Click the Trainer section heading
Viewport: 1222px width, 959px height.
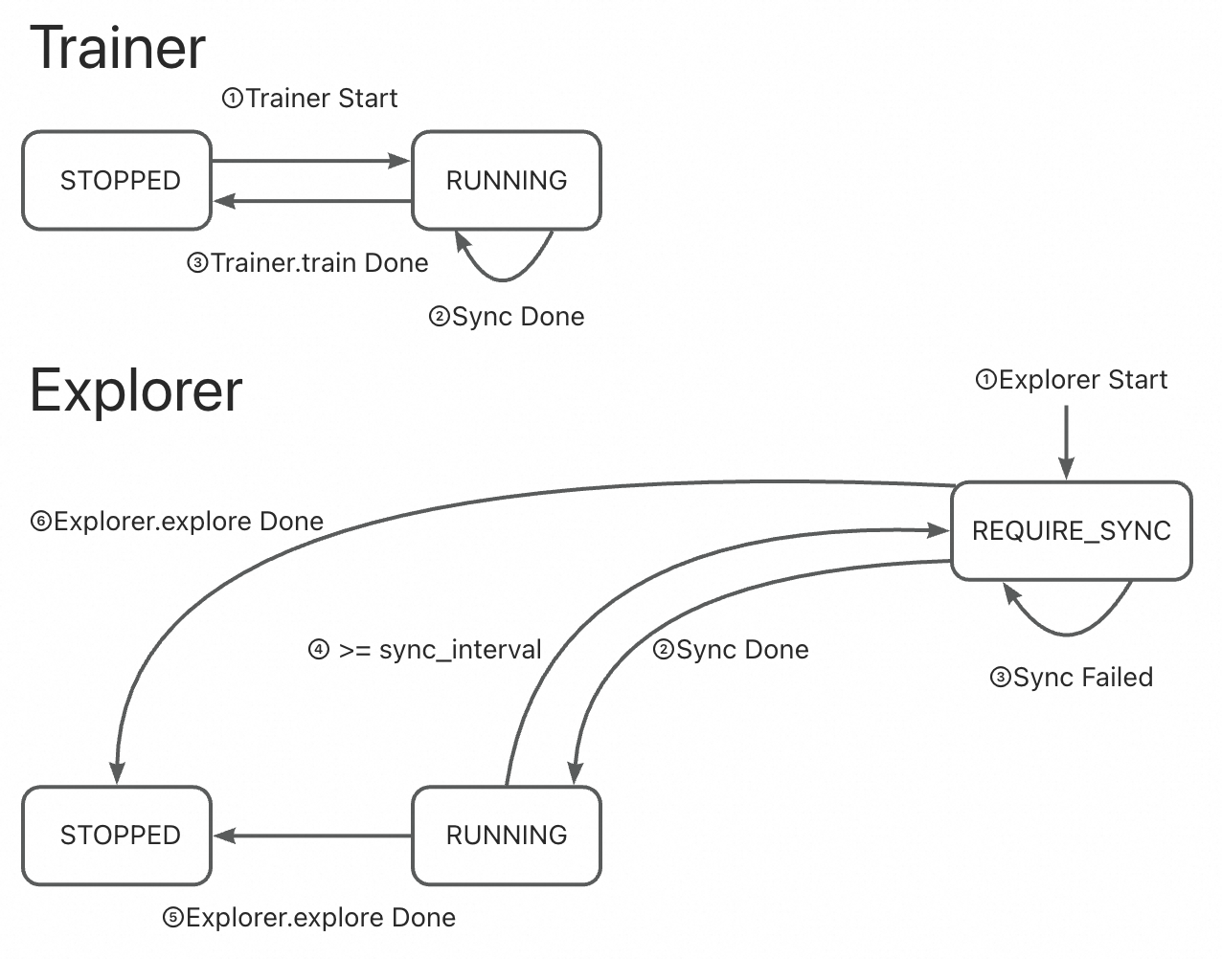[x=118, y=48]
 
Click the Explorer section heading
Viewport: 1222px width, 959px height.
[x=136, y=390]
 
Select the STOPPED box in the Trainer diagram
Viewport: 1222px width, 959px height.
[x=117, y=181]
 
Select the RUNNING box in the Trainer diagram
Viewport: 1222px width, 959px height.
[x=506, y=181]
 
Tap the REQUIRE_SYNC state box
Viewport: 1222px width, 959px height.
[x=1071, y=531]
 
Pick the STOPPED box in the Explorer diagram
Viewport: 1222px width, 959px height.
[x=117, y=836]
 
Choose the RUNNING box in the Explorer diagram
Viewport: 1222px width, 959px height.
[x=506, y=836]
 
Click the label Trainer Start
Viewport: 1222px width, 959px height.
[x=310, y=99]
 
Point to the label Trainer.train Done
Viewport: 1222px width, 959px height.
[x=307, y=263]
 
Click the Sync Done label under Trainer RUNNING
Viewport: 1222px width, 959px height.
[x=507, y=317]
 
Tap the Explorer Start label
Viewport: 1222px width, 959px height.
[x=1072, y=380]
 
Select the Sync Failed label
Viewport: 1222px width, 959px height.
[x=1071, y=678]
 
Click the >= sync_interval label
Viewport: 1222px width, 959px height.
[x=425, y=650]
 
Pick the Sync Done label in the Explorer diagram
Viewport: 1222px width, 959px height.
[x=731, y=650]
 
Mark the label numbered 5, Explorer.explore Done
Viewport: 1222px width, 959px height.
[x=309, y=918]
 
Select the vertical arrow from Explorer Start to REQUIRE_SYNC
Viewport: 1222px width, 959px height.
[x=1066, y=440]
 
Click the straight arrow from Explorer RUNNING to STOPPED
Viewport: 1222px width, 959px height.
[x=311, y=836]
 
